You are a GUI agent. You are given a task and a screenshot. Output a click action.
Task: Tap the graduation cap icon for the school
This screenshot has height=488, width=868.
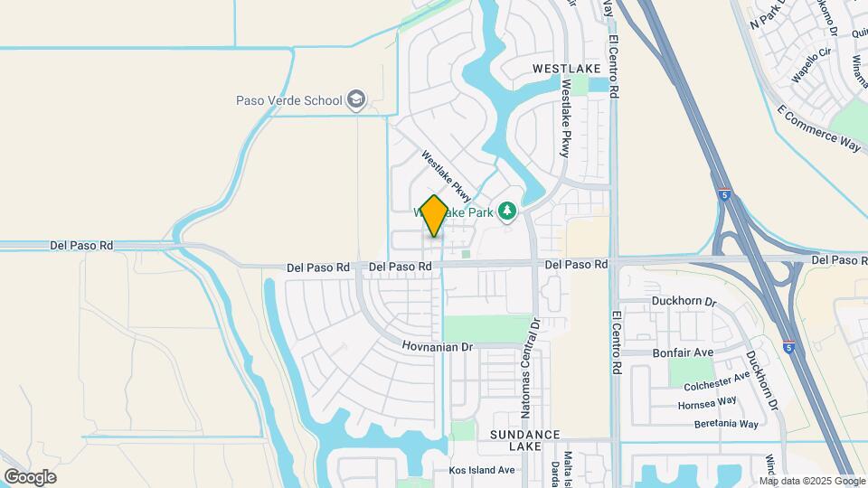[x=357, y=99]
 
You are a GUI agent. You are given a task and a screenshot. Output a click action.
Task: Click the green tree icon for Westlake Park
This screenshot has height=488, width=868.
[x=508, y=211]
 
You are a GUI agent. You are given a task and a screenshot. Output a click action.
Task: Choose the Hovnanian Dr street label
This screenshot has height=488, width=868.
[x=438, y=347]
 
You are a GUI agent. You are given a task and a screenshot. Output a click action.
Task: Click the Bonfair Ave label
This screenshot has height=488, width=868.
[x=681, y=352]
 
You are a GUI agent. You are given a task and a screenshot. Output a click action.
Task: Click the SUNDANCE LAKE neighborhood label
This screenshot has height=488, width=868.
[x=526, y=440]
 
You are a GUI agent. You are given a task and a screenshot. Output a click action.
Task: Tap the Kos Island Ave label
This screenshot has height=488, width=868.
[x=481, y=470]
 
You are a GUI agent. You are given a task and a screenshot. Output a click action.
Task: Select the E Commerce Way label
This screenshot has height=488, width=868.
[x=819, y=127]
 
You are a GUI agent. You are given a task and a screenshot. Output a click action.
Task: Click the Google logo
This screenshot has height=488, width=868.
[x=30, y=476]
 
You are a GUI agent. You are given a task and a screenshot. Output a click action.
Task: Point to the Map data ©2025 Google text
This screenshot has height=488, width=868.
[x=812, y=481]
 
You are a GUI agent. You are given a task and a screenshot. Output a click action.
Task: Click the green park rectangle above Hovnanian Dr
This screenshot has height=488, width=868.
[x=486, y=328]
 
